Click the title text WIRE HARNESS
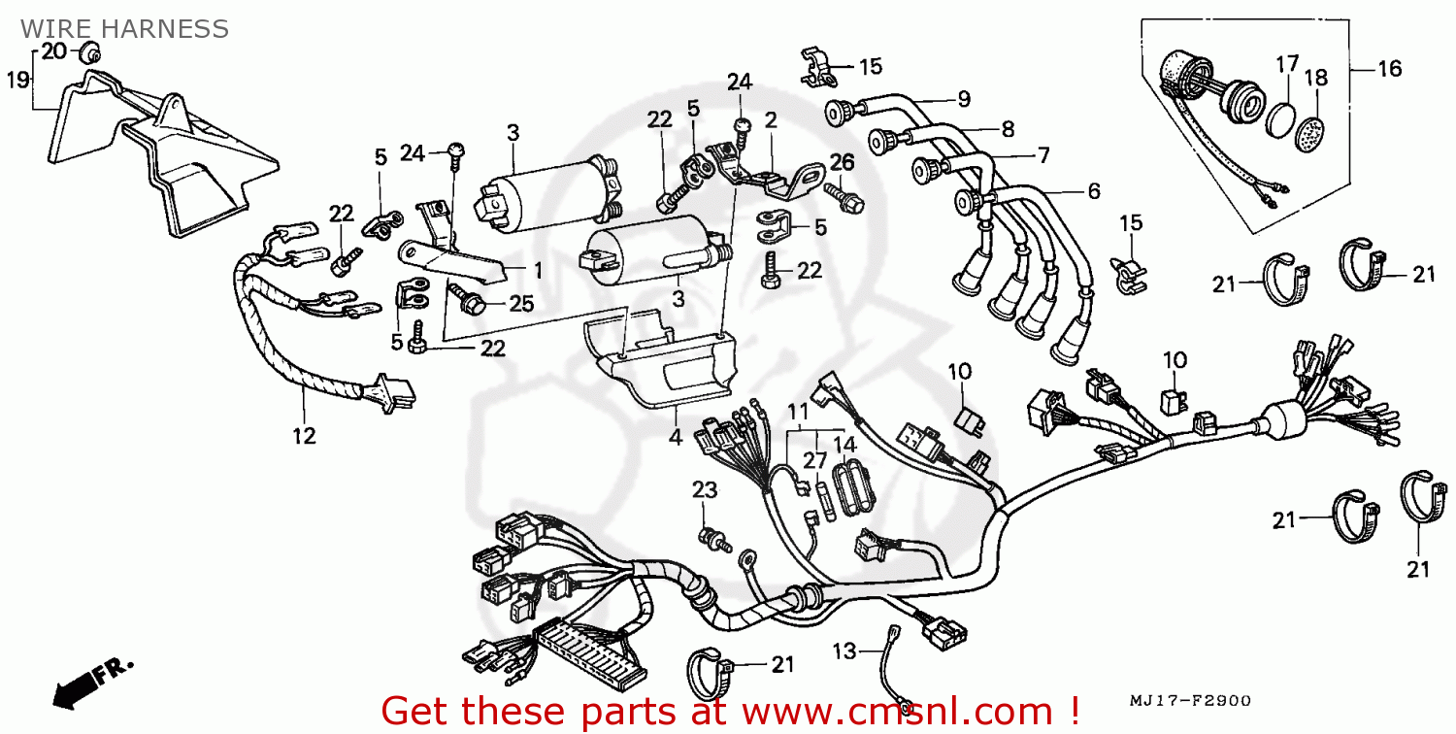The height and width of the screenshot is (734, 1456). [124, 29]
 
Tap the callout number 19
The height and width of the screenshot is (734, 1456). [18, 80]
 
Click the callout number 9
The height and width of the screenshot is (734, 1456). [964, 99]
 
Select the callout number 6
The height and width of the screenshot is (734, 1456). [1094, 190]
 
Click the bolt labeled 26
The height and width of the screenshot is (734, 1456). [844, 198]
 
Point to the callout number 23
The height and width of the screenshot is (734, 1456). [704, 489]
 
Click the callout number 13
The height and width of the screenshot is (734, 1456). [844, 651]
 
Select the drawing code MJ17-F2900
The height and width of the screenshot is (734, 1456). [1189, 701]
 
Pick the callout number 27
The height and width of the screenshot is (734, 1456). [814, 460]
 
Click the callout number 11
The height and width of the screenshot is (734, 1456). [798, 412]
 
